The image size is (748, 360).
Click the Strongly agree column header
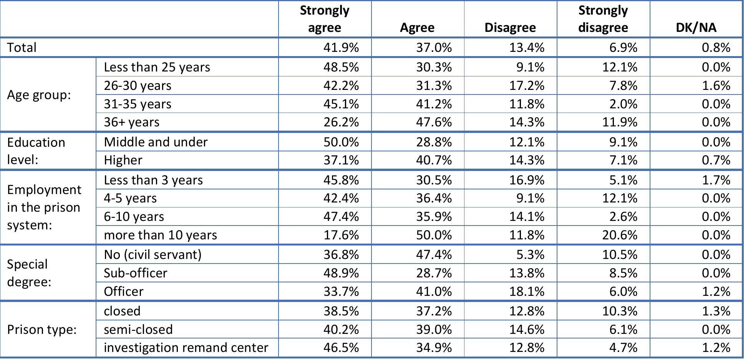(x=325, y=19)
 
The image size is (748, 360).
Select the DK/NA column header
(x=696, y=28)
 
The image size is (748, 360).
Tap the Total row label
(x=22, y=48)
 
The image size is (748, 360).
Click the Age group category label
(x=39, y=95)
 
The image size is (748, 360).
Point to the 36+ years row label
(x=131, y=122)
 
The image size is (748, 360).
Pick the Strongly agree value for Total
(x=341, y=48)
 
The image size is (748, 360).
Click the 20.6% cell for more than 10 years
(x=619, y=235)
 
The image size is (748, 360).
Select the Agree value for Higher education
(x=434, y=160)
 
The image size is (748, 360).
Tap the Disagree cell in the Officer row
(x=527, y=292)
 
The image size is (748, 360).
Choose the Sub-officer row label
(x=135, y=273)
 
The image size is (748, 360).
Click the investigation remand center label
(x=186, y=348)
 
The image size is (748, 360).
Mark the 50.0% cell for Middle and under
(x=341, y=142)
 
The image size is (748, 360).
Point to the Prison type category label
(x=41, y=330)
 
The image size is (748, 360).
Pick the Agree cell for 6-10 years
(x=434, y=217)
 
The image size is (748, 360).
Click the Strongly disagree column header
(x=603, y=19)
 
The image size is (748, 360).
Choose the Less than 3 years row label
(x=153, y=180)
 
